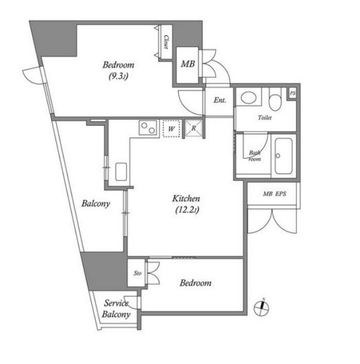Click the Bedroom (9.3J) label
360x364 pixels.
click(x=119, y=70)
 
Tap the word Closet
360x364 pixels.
click(x=166, y=43)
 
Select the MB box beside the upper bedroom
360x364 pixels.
click(x=187, y=64)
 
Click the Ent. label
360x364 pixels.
click(x=219, y=100)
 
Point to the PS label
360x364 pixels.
click(x=292, y=93)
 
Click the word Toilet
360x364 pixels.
click(x=265, y=118)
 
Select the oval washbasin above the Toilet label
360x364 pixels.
click(x=249, y=98)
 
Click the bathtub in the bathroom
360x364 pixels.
click(x=285, y=156)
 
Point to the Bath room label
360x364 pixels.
click(x=255, y=156)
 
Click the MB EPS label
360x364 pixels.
click(x=274, y=194)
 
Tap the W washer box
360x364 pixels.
click(x=171, y=128)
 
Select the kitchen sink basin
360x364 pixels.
click(x=122, y=171)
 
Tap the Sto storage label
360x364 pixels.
click(x=138, y=273)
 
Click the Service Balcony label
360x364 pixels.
click(x=116, y=309)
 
